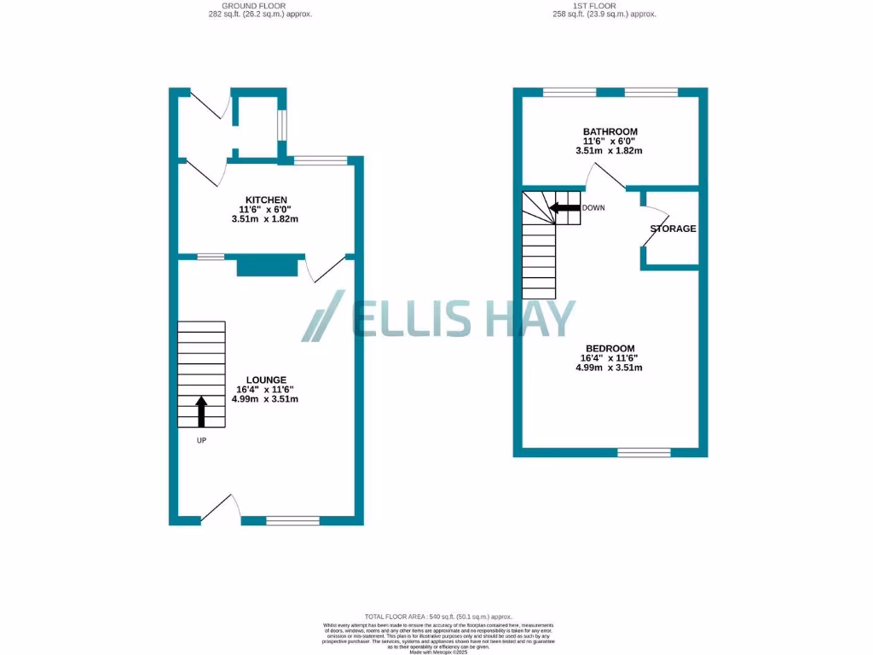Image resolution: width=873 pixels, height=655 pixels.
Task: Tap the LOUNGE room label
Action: click(267, 380)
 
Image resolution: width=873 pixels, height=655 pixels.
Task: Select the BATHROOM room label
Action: click(610, 131)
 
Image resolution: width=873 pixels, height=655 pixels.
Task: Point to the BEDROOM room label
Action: click(610, 348)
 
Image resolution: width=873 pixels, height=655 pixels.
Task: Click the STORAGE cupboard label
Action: click(673, 229)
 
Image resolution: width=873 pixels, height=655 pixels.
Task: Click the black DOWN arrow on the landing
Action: click(564, 207)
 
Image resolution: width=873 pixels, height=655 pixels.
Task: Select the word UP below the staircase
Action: click(201, 441)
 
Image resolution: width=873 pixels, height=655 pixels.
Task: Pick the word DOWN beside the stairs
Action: click(594, 207)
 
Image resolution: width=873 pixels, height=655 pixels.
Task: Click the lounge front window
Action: click(292, 519)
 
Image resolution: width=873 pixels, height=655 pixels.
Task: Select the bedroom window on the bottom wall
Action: click(644, 452)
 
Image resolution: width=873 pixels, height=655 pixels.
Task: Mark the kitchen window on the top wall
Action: click(321, 159)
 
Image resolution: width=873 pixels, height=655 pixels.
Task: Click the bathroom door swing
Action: click(607, 175)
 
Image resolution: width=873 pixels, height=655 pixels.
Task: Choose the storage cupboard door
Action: click(653, 229)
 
